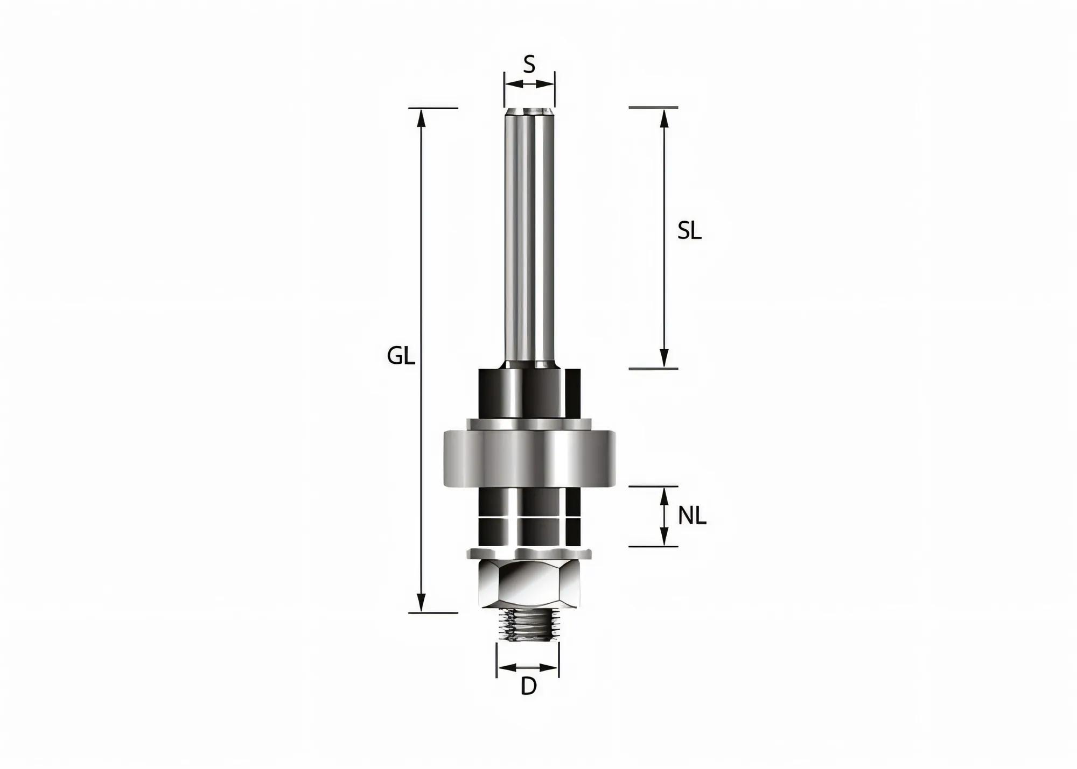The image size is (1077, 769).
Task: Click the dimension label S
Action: point(529,65)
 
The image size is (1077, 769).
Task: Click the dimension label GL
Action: point(401,356)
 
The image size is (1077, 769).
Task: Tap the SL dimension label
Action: point(689,231)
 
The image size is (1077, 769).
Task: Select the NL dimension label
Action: point(691,516)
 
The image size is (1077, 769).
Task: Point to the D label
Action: point(529,686)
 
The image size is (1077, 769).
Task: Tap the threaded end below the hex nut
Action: point(527,625)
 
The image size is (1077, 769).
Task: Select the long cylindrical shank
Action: point(529,237)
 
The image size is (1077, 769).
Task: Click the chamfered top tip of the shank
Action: point(529,112)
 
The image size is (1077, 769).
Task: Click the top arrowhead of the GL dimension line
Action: point(422,118)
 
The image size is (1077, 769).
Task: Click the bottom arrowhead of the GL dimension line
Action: point(422,602)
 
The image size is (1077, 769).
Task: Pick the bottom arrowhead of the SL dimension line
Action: point(664,358)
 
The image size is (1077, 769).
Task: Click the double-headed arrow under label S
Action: point(529,83)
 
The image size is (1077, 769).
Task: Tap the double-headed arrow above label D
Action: point(528,668)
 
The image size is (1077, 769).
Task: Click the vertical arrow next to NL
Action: point(664,516)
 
